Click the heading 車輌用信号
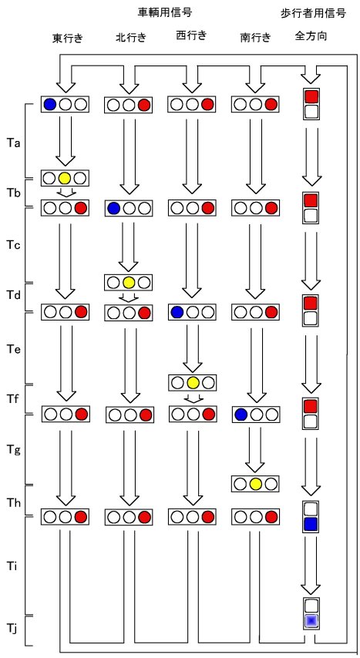[x=165, y=12]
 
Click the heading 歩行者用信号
[x=313, y=14]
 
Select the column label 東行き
[x=67, y=39]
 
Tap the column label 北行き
[x=130, y=39]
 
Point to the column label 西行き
[x=191, y=36]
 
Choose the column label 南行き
[x=255, y=39]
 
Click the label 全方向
[x=311, y=36]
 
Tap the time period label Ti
[x=12, y=566]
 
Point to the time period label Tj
[x=12, y=627]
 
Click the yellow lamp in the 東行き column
[x=64, y=178]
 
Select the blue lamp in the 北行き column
[x=113, y=208]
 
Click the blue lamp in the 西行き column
[x=177, y=312]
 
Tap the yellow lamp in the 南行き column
[x=255, y=484]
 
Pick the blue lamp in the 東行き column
[x=50, y=104]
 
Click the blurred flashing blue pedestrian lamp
[x=311, y=620]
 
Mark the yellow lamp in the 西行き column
[x=193, y=382]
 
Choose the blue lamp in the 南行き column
[x=241, y=415]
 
